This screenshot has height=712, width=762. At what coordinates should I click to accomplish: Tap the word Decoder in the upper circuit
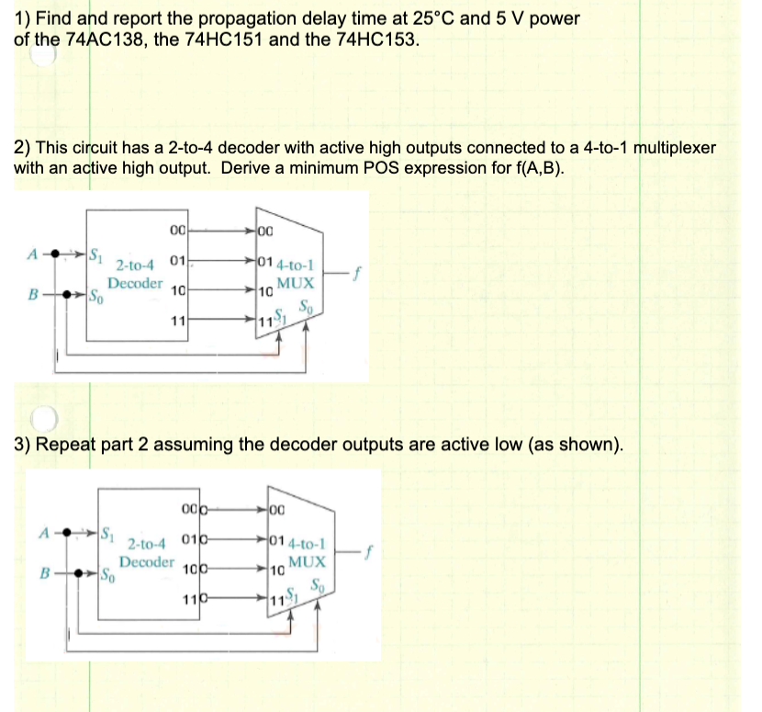click(135, 283)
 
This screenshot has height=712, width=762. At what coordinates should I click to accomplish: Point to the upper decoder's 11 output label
click(176, 322)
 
